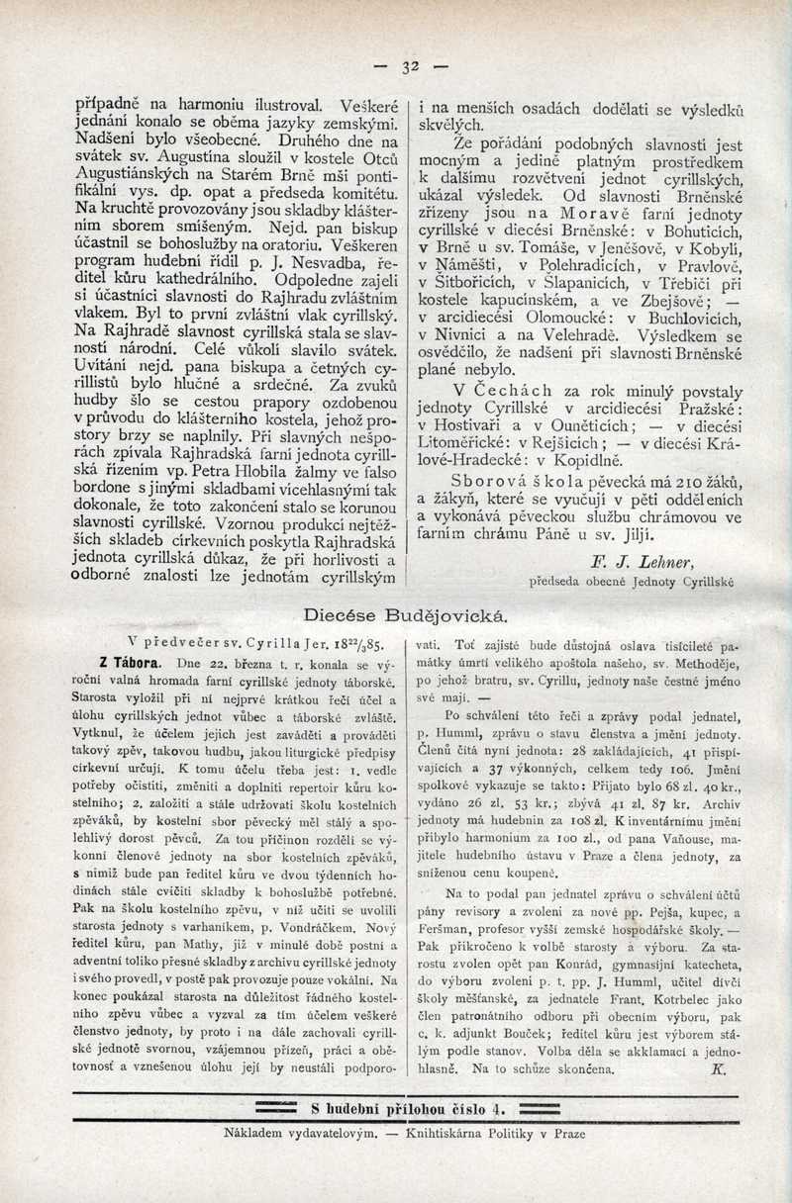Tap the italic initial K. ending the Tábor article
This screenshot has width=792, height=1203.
coord(718,1069)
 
